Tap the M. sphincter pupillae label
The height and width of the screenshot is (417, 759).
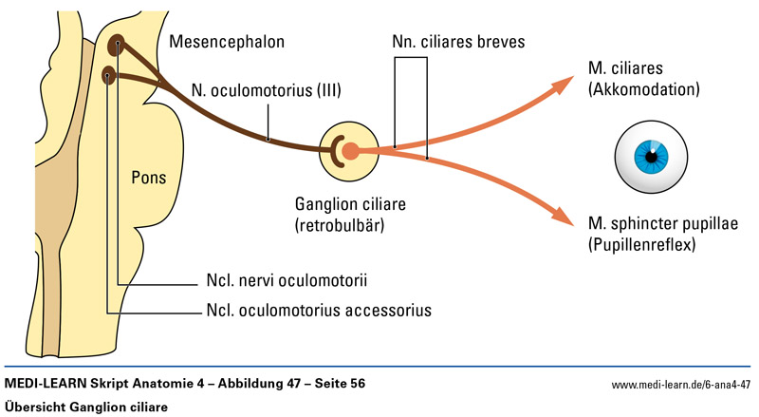click(662, 224)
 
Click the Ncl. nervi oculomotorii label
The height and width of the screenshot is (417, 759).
click(286, 281)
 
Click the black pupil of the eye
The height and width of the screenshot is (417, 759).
click(651, 156)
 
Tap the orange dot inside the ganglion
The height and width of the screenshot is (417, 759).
click(349, 150)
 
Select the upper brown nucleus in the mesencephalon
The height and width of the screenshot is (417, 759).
click(117, 44)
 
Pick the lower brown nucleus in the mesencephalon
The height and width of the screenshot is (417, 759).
click(109, 74)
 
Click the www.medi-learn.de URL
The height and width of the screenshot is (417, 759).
click(681, 385)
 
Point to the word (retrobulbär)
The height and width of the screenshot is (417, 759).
click(347, 224)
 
